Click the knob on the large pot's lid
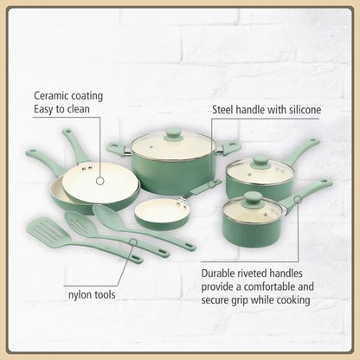173,134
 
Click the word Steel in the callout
228,111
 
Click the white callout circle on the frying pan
94,182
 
